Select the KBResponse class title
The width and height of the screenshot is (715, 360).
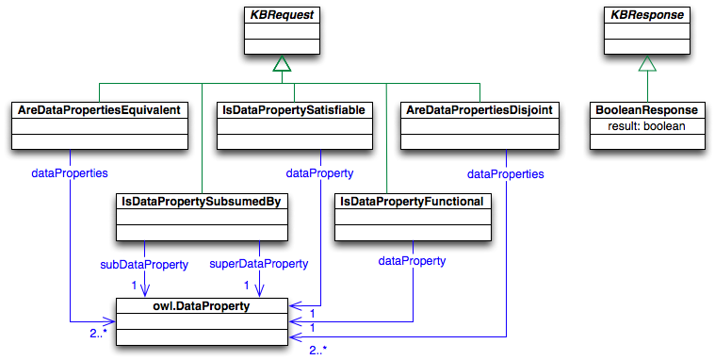click(645, 15)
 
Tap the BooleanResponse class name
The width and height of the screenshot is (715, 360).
click(645, 111)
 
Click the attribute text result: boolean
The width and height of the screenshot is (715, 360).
click(645, 125)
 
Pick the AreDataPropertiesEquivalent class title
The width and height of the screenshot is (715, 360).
click(99, 111)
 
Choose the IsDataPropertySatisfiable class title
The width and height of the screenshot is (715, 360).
click(293, 111)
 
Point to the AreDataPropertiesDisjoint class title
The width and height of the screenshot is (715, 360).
click(479, 111)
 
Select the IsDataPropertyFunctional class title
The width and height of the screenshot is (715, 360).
click(413, 202)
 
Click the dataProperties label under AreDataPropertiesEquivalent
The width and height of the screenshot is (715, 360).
click(69, 172)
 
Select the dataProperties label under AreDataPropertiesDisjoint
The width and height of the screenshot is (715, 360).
click(506, 173)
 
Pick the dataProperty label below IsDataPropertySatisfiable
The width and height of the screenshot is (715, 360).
click(319, 172)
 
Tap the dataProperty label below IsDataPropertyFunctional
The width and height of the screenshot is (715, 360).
click(412, 259)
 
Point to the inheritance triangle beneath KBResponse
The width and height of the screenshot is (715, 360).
click(645, 63)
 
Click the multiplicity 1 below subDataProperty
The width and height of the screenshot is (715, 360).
click(134, 285)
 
